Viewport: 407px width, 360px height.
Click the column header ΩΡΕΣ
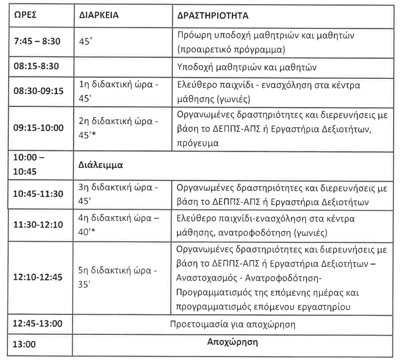click(25, 15)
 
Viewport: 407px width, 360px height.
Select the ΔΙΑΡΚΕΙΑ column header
click(97, 15)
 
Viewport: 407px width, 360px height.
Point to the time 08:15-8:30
click(36, 66)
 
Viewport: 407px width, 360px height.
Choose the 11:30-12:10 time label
click(38, 224)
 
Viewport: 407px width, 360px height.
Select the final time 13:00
click(24, 344)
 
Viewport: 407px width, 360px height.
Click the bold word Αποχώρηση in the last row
click(233, 342)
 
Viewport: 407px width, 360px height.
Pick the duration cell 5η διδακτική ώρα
click(119, 271)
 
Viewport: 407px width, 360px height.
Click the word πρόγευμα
click(198, 143)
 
